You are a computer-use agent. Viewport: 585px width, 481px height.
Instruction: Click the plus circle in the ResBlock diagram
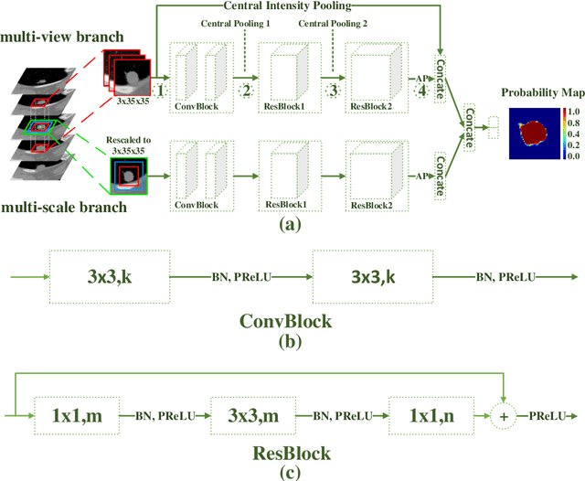[501, 415]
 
